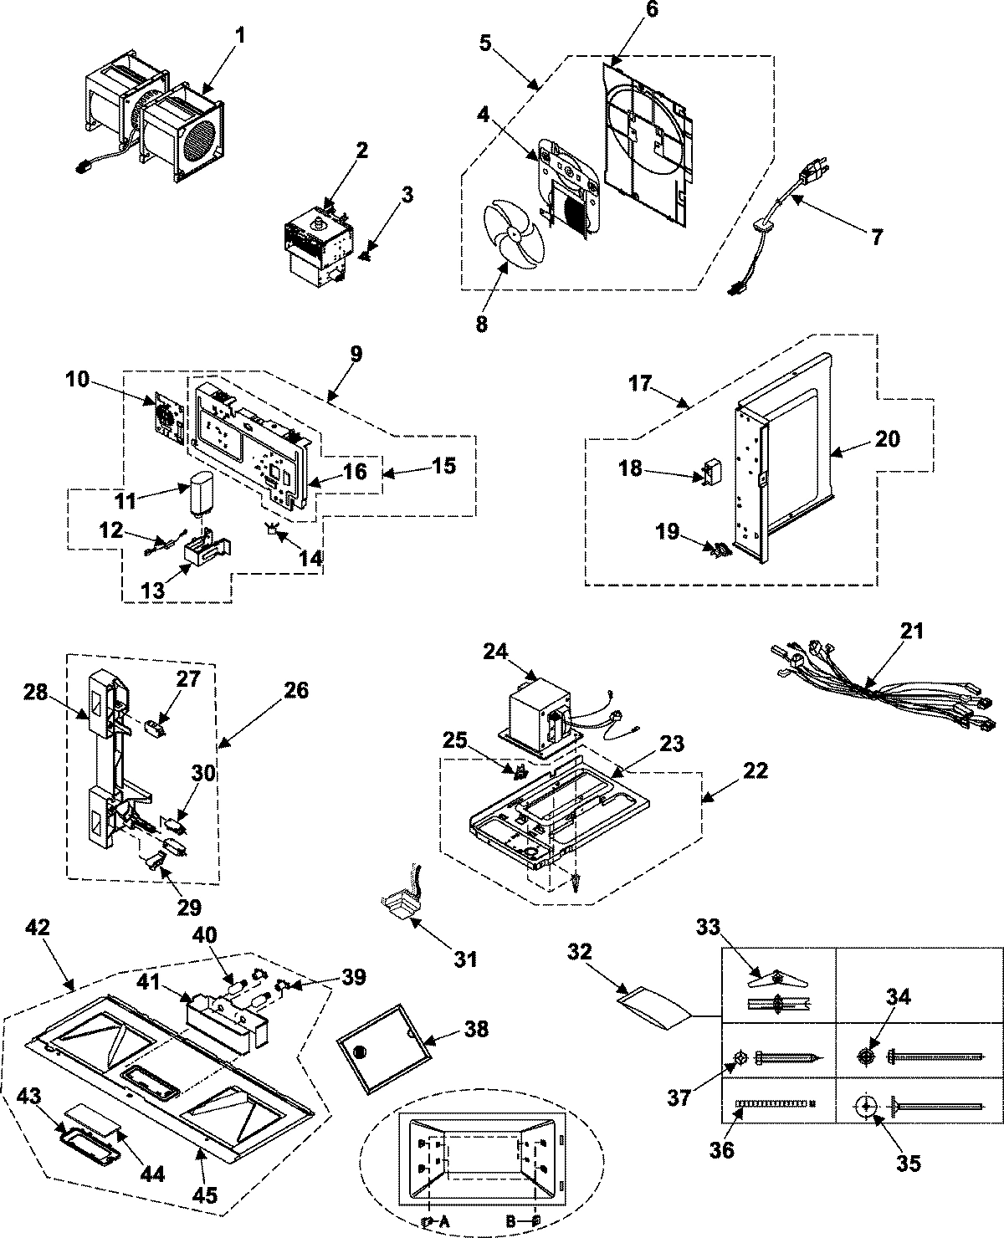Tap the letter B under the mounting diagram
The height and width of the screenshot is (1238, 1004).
point(511,1220)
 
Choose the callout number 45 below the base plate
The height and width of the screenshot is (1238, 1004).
point(206,1195)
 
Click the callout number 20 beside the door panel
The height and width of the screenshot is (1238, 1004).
point(888,438)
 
